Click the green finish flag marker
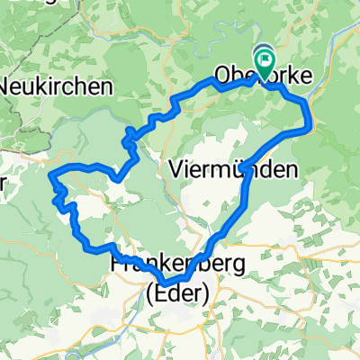point(265,62)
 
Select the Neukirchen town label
point(57,87)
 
